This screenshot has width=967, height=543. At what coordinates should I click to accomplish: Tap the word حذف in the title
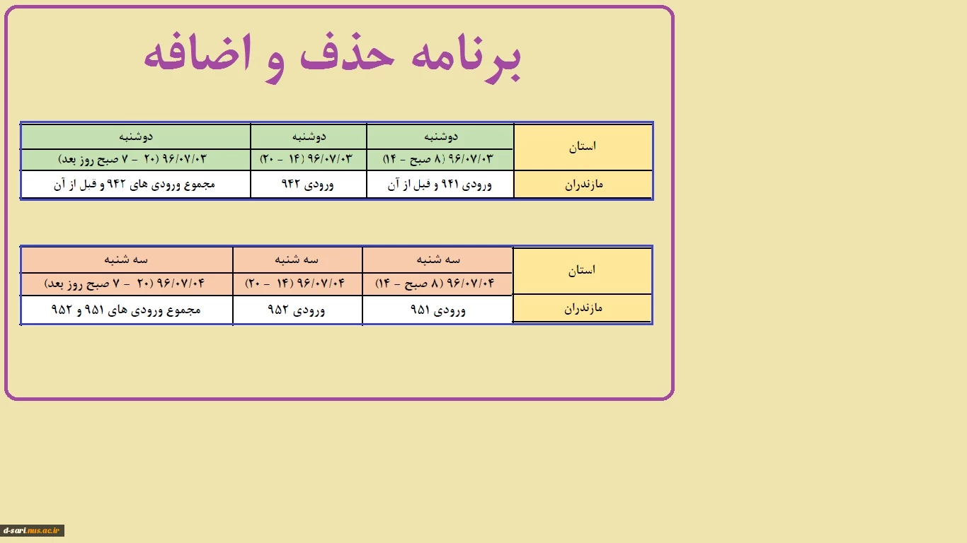pos(347,52)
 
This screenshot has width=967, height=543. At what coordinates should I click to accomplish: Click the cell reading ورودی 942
pos(308,185)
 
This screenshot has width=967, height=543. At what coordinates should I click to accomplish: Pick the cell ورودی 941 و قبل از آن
pos(440,185)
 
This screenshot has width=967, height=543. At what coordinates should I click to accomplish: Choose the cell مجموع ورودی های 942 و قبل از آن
pos(135,185)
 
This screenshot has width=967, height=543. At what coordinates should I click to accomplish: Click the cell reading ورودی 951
pos(437,310)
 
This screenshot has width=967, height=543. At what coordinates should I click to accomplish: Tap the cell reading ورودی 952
pos(297,310)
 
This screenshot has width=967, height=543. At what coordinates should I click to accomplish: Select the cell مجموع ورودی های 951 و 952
pos(126,310)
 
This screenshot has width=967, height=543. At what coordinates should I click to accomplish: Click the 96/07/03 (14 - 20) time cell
pos(307,159)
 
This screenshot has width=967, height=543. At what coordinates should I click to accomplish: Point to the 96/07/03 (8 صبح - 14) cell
pos(438,159)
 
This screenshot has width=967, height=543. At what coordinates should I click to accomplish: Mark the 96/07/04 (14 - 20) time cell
pos(295,284)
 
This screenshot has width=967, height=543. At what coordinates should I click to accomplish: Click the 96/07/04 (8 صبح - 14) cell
pos(435,284)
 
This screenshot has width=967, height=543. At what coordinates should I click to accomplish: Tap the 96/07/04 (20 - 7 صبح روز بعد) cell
pos(125,284)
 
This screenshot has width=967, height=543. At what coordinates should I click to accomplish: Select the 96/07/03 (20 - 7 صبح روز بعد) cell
pos(132,159)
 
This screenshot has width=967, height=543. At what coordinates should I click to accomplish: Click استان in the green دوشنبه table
pos(583,146)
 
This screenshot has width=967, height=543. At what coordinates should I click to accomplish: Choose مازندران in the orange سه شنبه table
pos(583,308)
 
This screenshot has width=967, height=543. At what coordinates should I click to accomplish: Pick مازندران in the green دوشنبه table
pos(583,185)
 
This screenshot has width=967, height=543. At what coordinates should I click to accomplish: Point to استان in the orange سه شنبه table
pos(582,270)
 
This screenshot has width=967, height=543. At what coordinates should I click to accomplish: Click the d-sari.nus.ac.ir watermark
pos(32,530)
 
